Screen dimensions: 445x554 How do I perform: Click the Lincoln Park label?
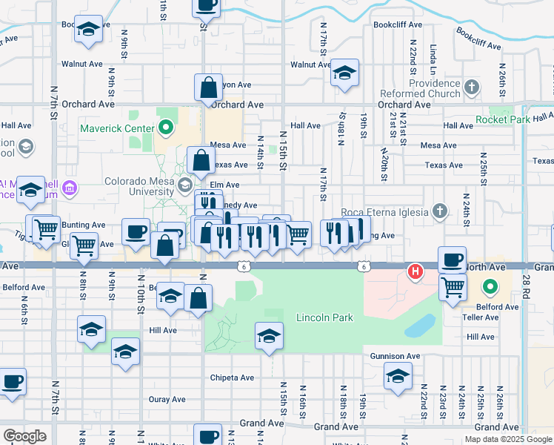[x=324, y=318]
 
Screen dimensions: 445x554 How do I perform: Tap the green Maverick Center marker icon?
[x=166, y=128]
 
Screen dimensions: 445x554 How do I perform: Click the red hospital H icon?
[x=416, y=271]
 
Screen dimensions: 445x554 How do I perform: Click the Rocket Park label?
[x=503, y=119]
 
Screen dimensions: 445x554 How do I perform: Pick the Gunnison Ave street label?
[x=396, y=357]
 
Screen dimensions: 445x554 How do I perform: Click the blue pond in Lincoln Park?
[x=421, y=326]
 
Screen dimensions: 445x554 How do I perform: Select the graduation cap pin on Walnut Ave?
[x=344, y=73]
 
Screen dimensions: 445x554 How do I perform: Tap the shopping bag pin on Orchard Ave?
[x=209, y=87]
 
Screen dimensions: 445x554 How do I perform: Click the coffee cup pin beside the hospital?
[x=452, y=260]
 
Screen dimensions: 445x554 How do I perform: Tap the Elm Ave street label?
[x=224, y=185]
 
